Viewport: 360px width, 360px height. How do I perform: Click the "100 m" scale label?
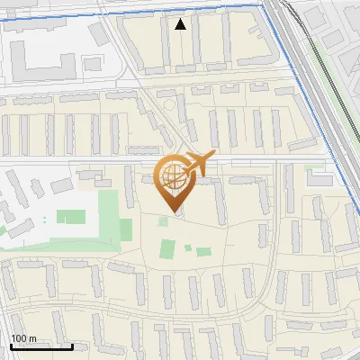tap(23, 338)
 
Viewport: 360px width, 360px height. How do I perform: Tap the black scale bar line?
tap(40, 346)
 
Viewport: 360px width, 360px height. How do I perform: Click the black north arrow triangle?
tap(182, 24)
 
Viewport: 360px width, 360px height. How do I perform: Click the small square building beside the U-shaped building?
tap(92, 64)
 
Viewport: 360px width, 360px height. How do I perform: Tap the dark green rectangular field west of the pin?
tap(71, 217)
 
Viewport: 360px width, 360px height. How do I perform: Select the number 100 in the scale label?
tap(19, 338)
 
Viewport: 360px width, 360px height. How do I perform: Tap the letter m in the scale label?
tap(32, 338)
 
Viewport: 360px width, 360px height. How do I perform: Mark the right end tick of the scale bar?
tap(72, 346)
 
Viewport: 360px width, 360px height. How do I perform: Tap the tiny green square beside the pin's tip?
tap(163, 220)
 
